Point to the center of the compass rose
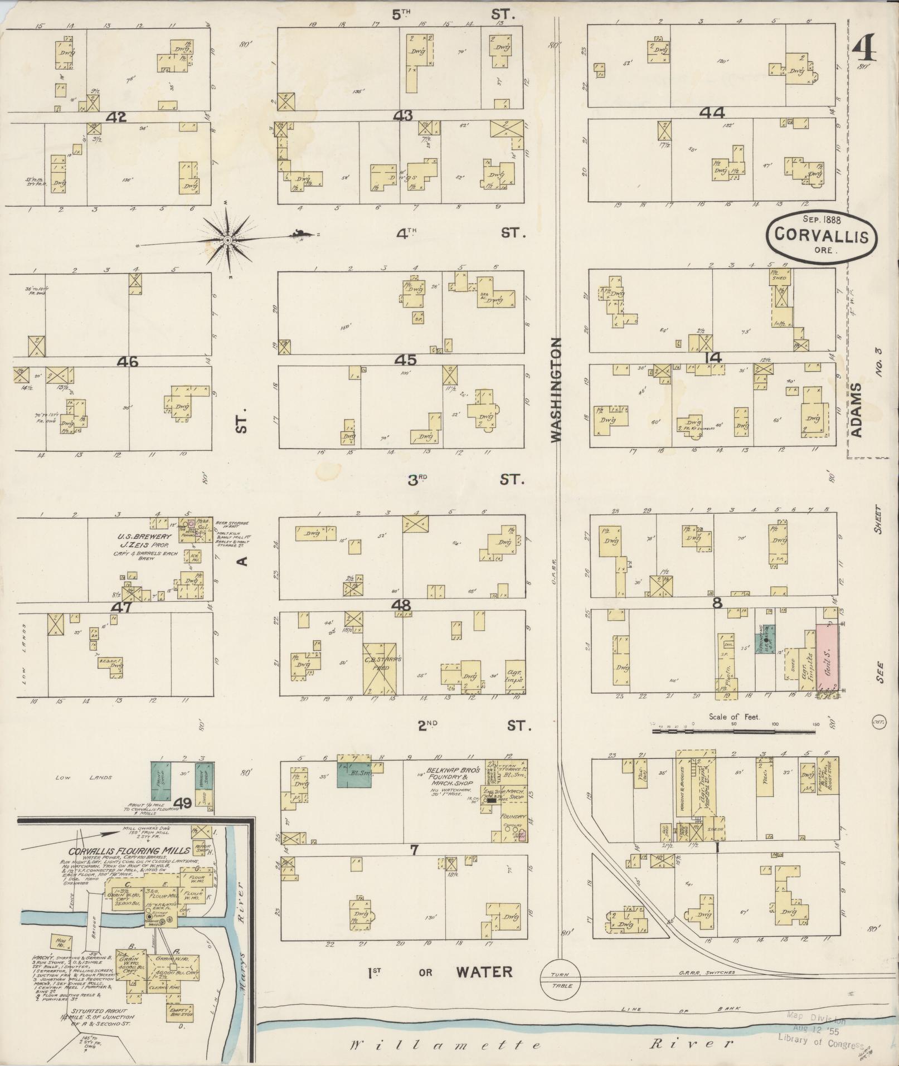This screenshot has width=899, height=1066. (x=227, y=240)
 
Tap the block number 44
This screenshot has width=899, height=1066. (x=712, y=113)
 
